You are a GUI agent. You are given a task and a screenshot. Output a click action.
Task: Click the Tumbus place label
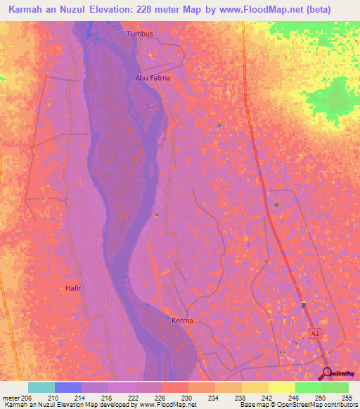coord(139,33)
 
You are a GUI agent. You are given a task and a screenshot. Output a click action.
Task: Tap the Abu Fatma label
coord(153,78)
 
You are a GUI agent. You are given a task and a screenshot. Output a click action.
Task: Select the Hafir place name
coord(74,288)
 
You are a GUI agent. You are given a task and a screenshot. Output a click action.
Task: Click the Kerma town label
coord(182,320)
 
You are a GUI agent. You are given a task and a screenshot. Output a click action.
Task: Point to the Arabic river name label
coord(149,107)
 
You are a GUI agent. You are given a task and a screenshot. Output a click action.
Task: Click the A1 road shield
coord(314,334)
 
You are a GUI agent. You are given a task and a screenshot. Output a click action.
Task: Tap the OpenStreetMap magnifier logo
coord(327,373)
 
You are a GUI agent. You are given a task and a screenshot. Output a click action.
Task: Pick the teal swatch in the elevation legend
coord(41,387)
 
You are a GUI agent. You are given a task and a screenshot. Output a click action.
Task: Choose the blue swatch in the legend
coord(67,387)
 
